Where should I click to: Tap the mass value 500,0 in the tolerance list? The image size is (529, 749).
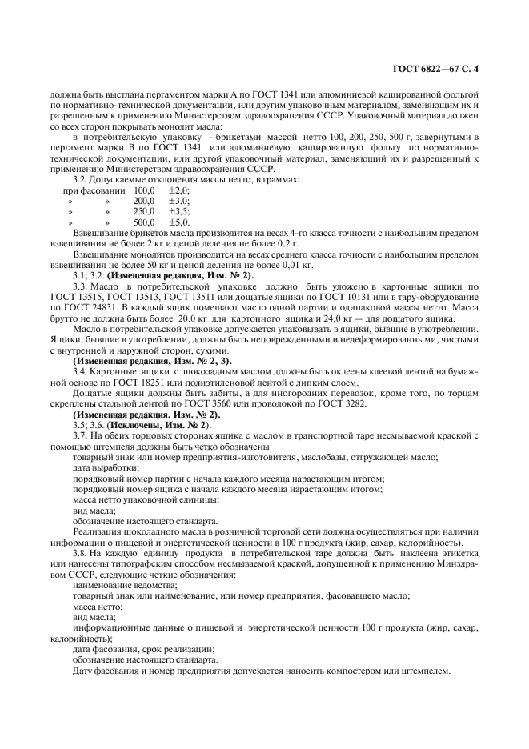[144, 222]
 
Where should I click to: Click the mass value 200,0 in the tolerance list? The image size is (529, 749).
[144, 201]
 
